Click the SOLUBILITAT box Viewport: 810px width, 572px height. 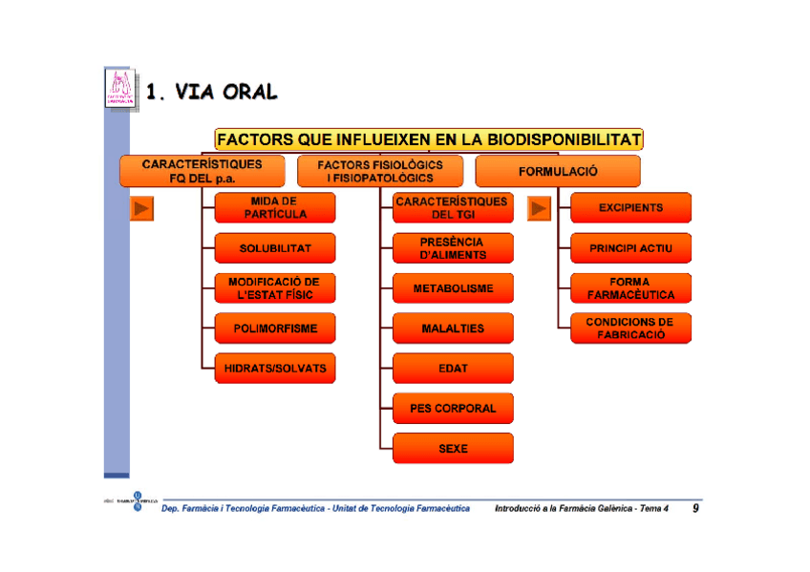(275, 248)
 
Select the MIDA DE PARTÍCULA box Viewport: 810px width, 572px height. (275, 208)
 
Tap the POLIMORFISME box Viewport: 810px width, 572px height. (275, 328)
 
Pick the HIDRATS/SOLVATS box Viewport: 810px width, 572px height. (275, 369)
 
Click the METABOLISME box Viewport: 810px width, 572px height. (453, 288)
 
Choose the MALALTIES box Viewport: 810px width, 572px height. (453, 328)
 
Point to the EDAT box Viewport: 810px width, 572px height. (453, 369)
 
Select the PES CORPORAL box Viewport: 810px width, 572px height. (453, 409)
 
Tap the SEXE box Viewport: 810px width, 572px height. (453, 449)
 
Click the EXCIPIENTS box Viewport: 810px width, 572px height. (630, 208)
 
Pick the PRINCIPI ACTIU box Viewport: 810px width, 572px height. (630, 248)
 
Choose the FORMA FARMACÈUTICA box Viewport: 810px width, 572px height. (630, 288)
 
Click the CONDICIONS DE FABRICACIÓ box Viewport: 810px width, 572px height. (630, 328)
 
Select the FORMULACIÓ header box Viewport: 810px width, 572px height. (558, 172)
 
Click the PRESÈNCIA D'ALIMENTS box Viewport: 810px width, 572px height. (453, 248)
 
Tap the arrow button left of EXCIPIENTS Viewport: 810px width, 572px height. (541, 208)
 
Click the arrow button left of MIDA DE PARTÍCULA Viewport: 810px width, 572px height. (142, 208)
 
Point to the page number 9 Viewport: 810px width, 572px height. (695, 509)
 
